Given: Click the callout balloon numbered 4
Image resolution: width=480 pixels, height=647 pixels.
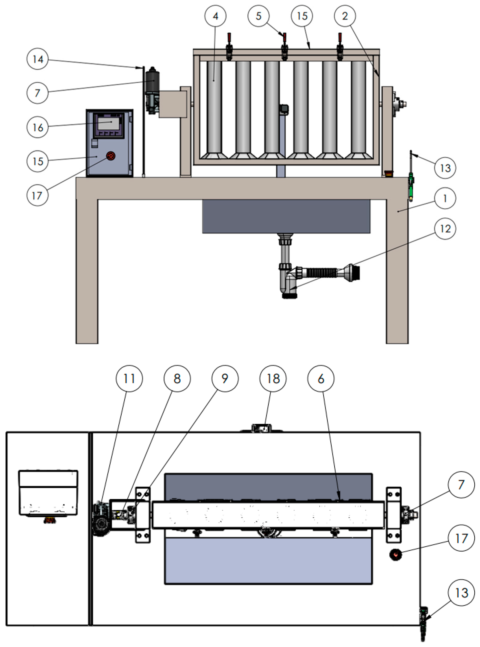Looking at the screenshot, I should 215,16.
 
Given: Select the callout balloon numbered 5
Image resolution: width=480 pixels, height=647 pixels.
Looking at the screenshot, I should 258,16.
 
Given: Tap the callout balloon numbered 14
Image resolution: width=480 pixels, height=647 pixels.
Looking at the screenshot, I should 38,59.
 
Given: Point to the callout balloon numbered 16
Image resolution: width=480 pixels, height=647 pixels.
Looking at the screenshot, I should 38,127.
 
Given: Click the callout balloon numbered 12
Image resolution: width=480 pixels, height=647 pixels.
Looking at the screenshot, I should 445,229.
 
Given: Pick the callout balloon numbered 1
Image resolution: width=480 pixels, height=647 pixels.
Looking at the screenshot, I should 445,198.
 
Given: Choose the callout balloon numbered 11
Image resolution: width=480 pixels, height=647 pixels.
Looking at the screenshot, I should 129,378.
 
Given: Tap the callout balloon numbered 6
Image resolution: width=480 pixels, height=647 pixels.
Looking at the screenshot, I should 321,378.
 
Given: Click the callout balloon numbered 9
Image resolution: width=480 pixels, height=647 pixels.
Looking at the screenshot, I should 225,378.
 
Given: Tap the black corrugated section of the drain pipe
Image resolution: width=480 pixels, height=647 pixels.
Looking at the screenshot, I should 321,272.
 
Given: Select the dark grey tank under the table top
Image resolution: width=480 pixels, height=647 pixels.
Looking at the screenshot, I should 286,216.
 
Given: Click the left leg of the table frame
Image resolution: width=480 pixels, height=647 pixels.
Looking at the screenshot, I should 87,270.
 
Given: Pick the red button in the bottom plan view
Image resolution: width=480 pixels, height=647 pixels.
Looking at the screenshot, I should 395,555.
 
